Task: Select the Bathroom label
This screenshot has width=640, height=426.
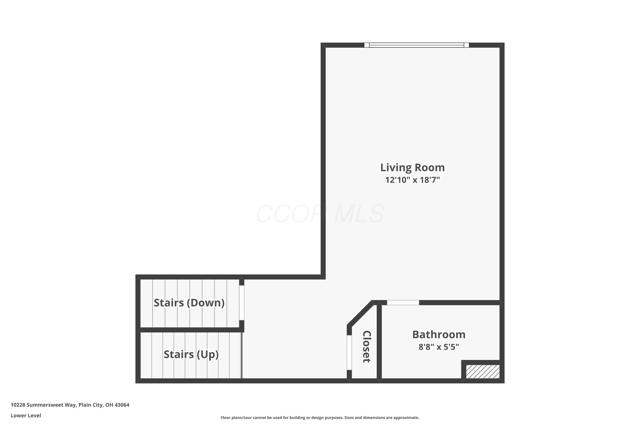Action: pyautogui.click(x=439, y=334)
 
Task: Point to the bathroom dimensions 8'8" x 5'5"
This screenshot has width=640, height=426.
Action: pyautogui.click(x=439, y=347)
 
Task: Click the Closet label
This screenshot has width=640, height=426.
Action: pyautogui.click(x=367, y=347)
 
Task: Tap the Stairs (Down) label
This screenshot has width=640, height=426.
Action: pyautogui.click(x=189, y=303)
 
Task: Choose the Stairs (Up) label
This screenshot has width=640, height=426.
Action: pyautogui.click(x=191, y=354)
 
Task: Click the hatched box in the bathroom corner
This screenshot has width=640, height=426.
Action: pyautogui.click(x=483, y=371)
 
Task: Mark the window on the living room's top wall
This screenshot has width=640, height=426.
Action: pyautogui.click(x=416, y=45)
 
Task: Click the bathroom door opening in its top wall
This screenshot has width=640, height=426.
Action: pyautogui.click(x=403, y=303)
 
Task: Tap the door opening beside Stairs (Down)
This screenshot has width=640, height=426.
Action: pyautogui.click(x=242, y=303)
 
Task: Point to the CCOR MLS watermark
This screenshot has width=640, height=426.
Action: pyautogui.click(x=320, y=214)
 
